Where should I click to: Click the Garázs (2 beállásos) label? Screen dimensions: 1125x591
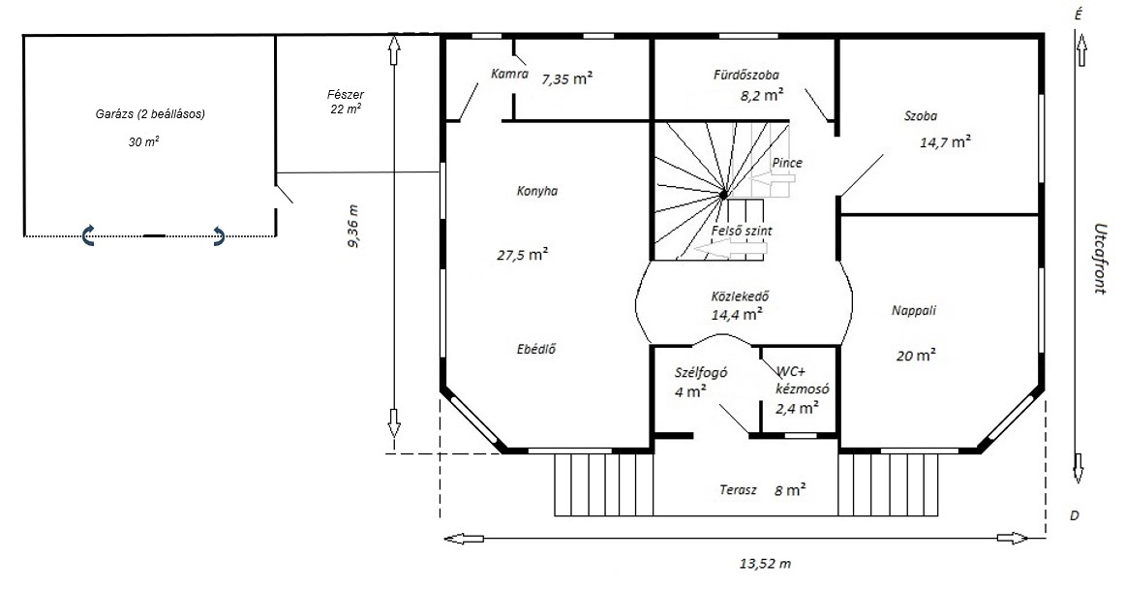(151, 113)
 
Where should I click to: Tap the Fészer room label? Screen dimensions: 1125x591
(345, 94)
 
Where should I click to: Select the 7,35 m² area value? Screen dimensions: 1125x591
(566, 78)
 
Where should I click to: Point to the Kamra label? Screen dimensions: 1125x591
(509, 74)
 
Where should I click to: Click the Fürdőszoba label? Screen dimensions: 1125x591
(746, 74)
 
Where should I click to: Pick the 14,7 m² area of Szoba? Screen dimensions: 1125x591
(946, 141)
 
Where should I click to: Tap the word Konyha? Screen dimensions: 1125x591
(537, 191)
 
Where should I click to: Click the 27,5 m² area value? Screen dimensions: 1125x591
(523, 254)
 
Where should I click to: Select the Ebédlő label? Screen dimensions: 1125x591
(536, 350)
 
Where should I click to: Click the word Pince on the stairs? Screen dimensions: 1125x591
(787, 163)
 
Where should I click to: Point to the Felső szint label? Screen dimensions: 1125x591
(742, 232)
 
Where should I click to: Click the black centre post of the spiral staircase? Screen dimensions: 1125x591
(723, 194)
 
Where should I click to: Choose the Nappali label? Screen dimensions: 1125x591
(914, 310)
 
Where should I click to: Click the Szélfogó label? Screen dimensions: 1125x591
(702, 372)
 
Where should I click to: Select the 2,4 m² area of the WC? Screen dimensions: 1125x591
(798, 408)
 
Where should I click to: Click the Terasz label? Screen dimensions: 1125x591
(739, 489)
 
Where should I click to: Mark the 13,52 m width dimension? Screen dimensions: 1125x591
(766, 564)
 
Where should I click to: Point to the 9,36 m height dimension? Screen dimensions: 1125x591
(354, 226)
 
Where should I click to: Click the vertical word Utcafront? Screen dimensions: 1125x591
(1099, 258)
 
